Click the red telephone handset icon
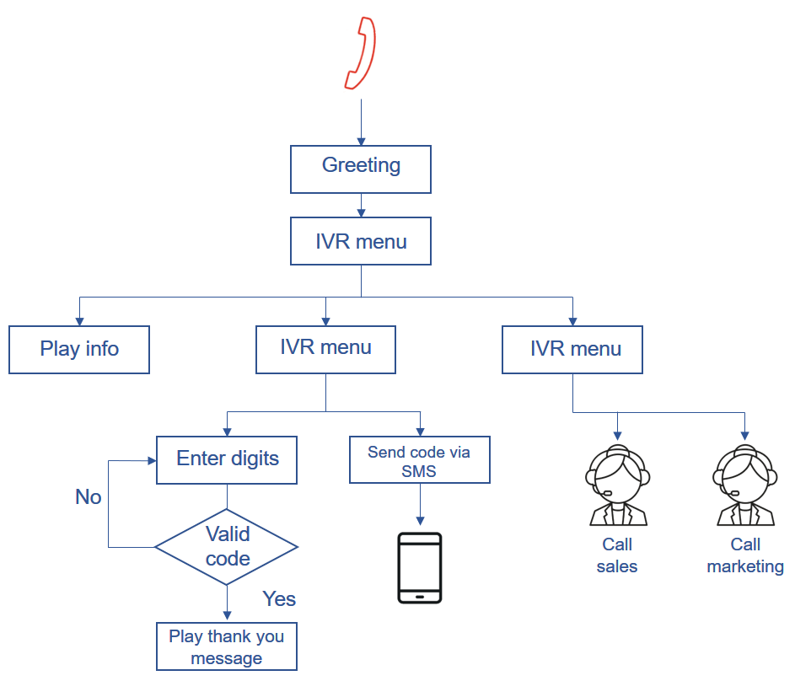click(x=360, y=53)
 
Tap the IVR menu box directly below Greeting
click(x=361, y=242)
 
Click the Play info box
click(x=79, y=350)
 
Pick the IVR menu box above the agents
click(x=572, y=350)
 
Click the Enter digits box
click(x=227, y=460)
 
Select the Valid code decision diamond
click(x=227, y=547)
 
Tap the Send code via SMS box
click(x=419, y=460)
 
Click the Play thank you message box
click(x=227, y=647)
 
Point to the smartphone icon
click(x=419, y=567)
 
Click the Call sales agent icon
click(x=617, y=486)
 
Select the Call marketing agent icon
click(x=744, y=486)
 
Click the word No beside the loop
click(x=89, y=497)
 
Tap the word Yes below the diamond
click(x=279, y=599)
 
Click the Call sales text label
click(x=617, y=555)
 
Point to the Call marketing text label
click(x=745, y=555)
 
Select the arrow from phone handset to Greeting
click(x=361, y=122)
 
